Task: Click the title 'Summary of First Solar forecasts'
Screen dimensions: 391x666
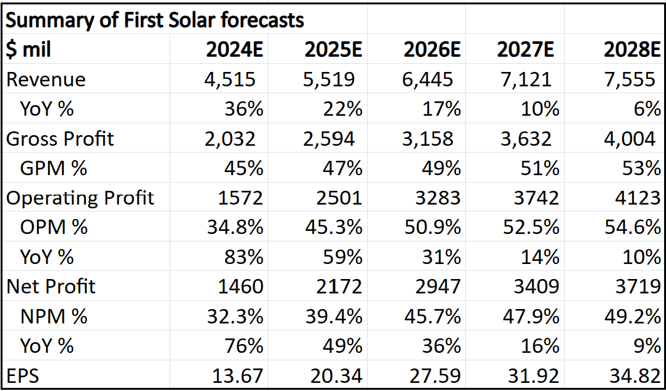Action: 155,20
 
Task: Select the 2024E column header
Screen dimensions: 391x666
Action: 235,50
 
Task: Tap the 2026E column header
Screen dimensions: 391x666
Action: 432,50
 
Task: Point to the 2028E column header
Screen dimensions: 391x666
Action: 632,50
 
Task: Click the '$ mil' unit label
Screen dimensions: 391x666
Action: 29,50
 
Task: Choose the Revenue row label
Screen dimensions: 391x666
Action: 46,79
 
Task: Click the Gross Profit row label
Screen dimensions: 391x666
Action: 60,138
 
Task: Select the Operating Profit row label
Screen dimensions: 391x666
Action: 80,198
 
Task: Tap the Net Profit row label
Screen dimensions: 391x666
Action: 51,287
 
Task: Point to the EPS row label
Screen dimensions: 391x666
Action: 23,375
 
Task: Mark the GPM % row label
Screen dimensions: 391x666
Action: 53,168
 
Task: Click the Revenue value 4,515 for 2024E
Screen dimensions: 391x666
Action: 230,79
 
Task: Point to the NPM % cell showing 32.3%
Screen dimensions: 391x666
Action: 235,317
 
